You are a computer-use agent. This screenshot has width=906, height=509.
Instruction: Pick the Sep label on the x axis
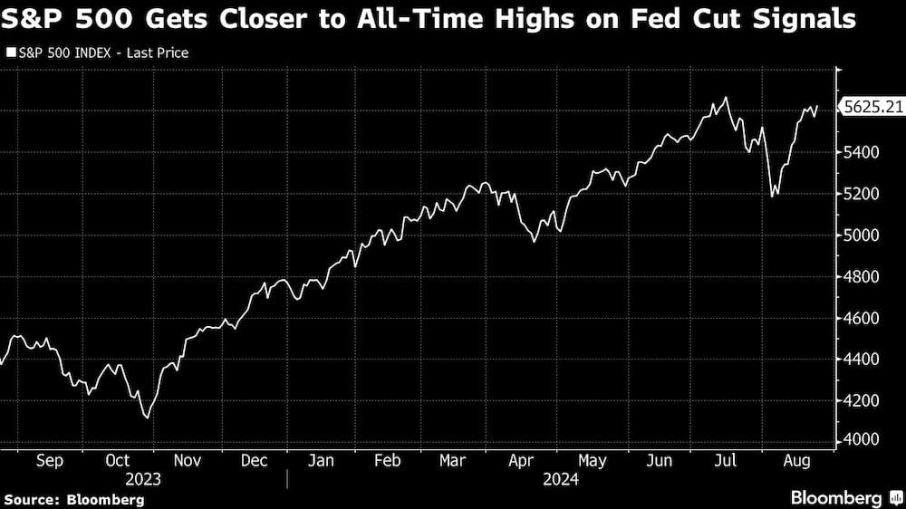click(x=49, y=461)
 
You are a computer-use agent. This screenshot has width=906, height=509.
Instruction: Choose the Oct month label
click(x=118, y=461)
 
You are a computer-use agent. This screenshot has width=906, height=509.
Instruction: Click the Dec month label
click(x=254, y=461)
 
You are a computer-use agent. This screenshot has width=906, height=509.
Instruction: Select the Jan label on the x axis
click(x=322, y=461)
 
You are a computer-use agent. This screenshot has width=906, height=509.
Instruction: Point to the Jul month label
click(x=726, y=461)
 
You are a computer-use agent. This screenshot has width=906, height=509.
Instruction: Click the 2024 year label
click(x=561, y=478)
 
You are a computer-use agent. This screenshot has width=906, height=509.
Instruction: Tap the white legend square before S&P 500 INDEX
click(x=10, y=53)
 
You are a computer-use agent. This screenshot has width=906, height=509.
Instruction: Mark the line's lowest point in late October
click(x=147, y=418)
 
